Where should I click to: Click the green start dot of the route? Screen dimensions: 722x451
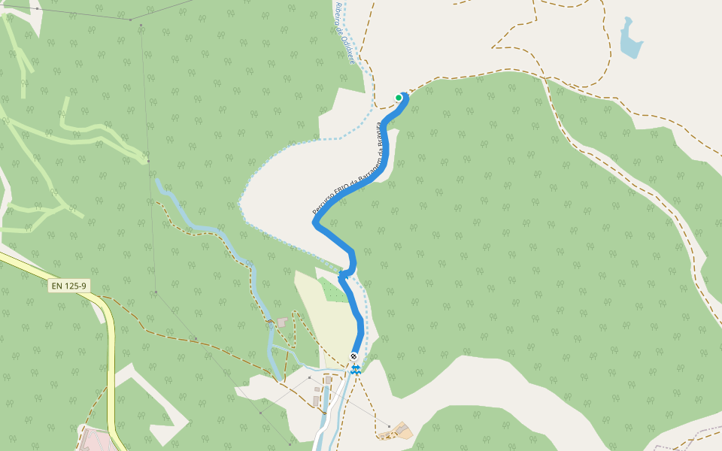tap(399, 98)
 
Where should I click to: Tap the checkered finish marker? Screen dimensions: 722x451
tap(353, 356)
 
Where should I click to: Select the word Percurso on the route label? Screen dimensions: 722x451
tap(320, 203)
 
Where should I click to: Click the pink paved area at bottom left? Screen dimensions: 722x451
tap(96, 440)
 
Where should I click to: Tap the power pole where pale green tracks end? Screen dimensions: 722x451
tap(148, 161)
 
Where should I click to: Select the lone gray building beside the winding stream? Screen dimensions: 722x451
tap(282, 322)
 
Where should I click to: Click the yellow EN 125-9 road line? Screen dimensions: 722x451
tap(111, 361)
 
